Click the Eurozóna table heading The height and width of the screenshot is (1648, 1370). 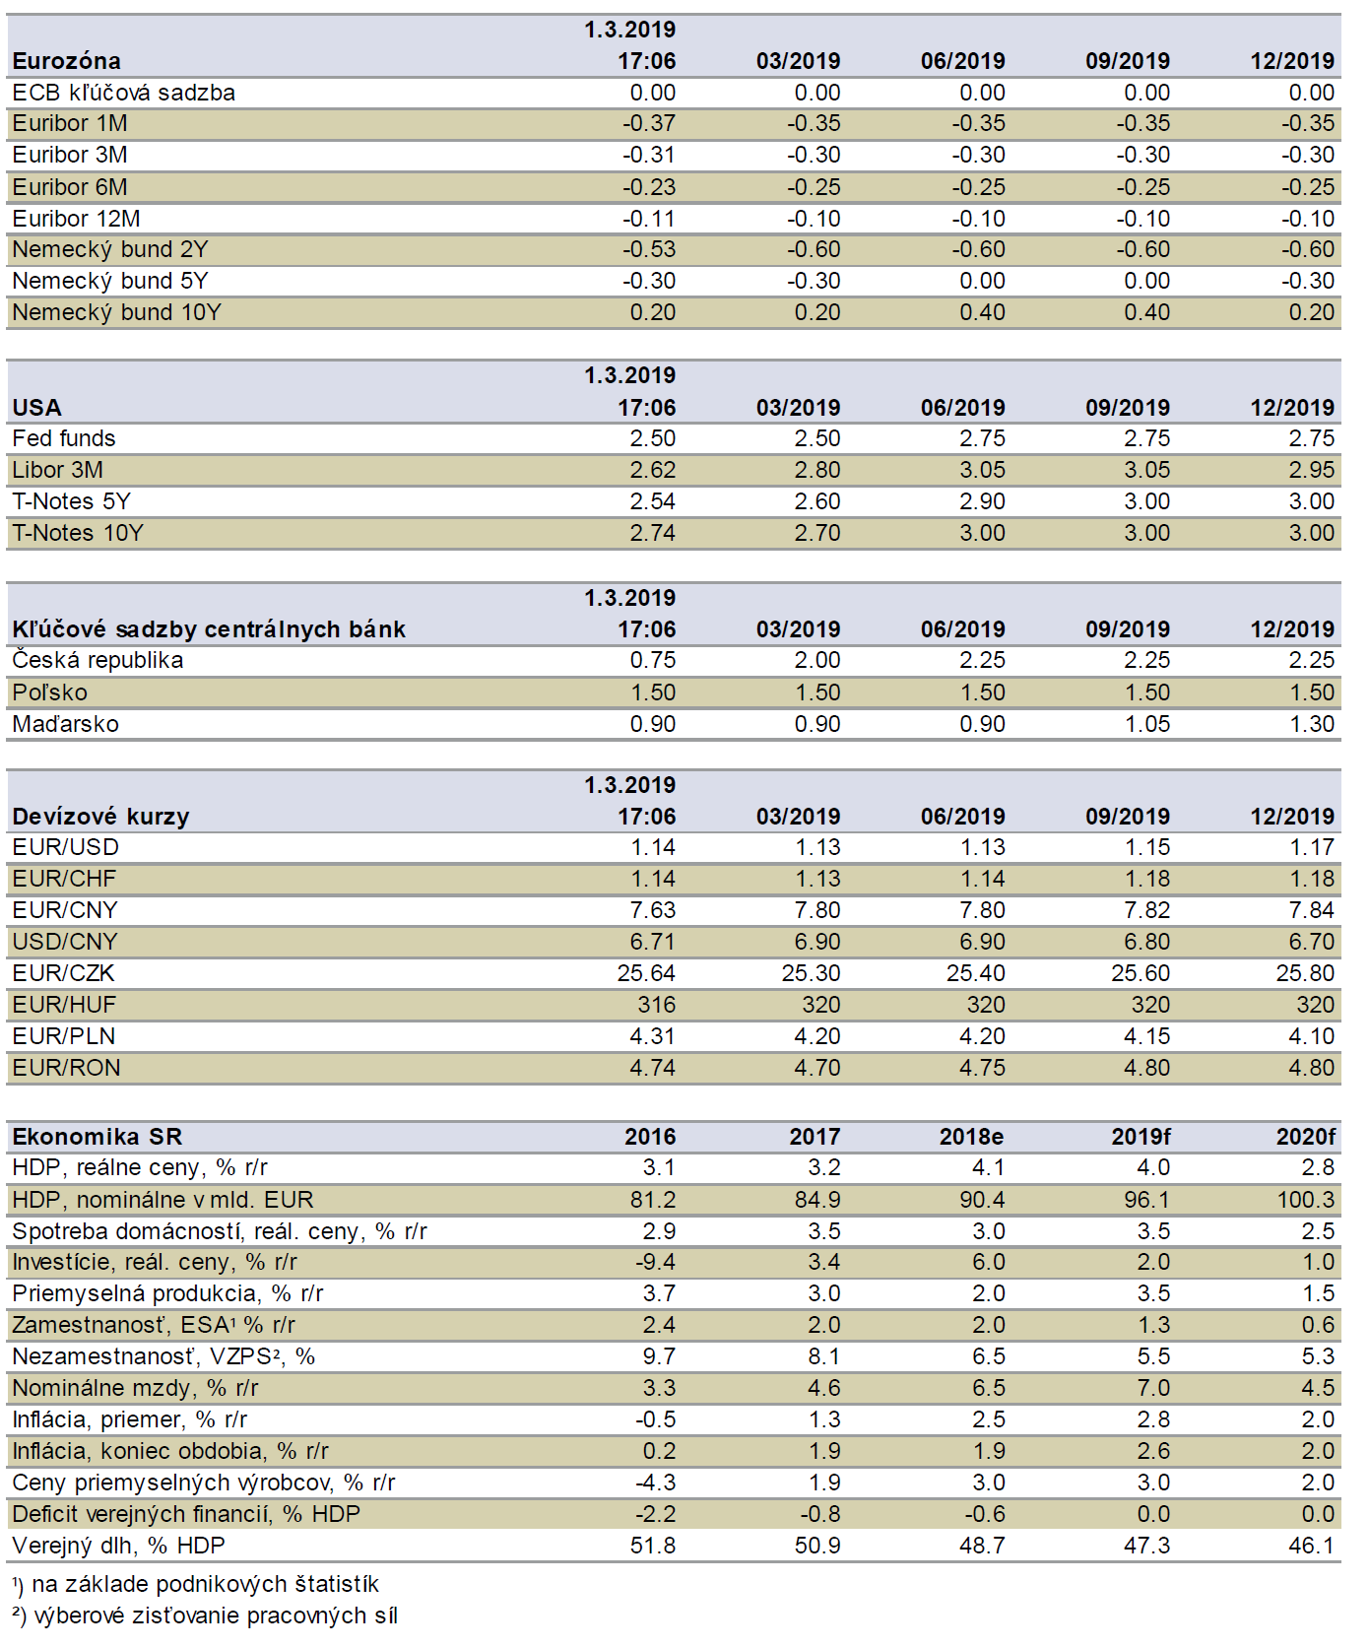click(66, 61)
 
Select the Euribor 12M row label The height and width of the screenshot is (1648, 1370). click(76, 219)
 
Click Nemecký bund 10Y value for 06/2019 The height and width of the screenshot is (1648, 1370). click(982, 312)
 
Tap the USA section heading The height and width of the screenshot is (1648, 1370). click(36, 408)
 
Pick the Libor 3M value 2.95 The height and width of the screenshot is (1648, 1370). click(1312, 470)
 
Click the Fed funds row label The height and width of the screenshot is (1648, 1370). click(64, 438)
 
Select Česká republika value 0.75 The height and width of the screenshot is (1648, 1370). click(653, 660)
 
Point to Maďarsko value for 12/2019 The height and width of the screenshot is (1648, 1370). click(1312, 724)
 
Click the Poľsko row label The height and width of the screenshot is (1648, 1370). click(49, 692)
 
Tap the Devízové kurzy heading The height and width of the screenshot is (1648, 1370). click(100, 817)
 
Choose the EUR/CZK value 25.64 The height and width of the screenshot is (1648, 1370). click(646, 973)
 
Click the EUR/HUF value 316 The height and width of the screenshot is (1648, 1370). click(657, 1005)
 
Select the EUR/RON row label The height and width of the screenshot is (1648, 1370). click(66, 1068)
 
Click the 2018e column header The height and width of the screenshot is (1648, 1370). click(971, 1137)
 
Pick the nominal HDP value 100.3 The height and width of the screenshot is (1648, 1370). click(1306, 1200)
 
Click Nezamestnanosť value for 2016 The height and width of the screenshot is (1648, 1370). click(659, 1356)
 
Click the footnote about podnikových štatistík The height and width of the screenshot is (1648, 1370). click(195, 1584)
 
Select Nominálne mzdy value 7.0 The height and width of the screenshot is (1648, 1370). click(1153, 1388)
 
